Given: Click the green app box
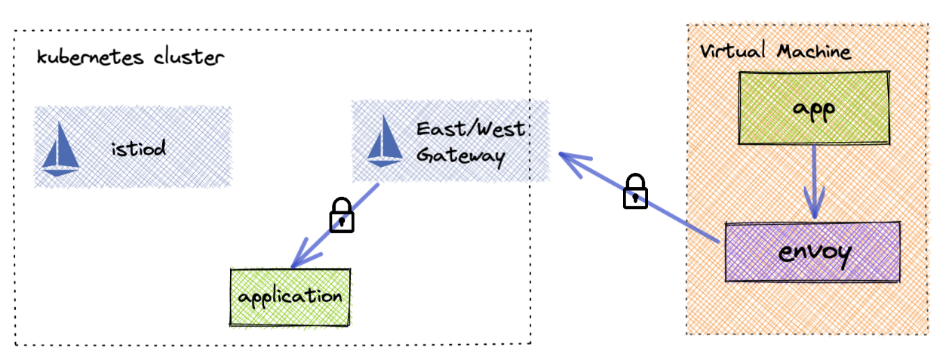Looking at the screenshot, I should pyautogui.click(x=814, y=108).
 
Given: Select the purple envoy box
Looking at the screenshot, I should pyautogui.click(x=813, y=252).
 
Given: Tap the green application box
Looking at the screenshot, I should pyautogui.click(x=290, y=297).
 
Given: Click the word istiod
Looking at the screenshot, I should pyautogui.click(x=137, y=147).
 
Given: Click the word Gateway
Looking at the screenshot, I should pyautogui.click(x=459, y=155).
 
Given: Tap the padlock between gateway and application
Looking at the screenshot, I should pyautogui.click(x=342, y=215).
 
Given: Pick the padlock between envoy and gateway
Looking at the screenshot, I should pyautogui.click(x=635, y=191).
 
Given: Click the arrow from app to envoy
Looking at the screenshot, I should pyautogui.click(x=814, y=181).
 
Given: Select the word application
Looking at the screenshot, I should pyautogui.click(x=290, y=297).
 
